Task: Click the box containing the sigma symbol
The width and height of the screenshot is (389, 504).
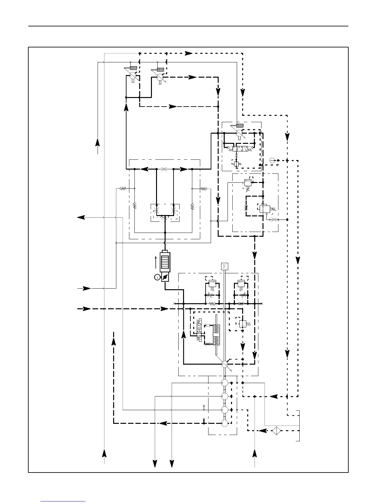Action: pyautogui.click(x=224, y=266)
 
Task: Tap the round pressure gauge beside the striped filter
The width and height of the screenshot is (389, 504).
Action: pyautogui.click(x=157, y=277)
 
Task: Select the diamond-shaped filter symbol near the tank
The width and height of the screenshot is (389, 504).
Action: pyautogui.click(x=277, y=431)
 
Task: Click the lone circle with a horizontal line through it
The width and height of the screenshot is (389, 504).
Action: pyautogui.click(x=272, y=160)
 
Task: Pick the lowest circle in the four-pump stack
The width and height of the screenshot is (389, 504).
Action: pyautogui.click(x=225, y=423)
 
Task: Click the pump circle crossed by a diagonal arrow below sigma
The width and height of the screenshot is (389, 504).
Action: pyautogui.click(x=225, y=364)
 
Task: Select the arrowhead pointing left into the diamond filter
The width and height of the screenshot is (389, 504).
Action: pyautogui.click(x=263, y=431)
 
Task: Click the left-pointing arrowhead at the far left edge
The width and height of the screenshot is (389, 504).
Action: pyautogui.click(x=81, y=217)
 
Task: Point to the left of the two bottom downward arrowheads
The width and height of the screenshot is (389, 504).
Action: pyautogui.click(x=155, y=464)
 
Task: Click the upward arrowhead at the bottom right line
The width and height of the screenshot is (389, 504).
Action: pyautogui.click(x=255, y=453)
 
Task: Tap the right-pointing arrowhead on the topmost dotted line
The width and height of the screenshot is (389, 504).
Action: pyautogui.click(x=189, y=53)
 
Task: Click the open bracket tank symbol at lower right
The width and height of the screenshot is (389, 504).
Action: pyautogui.click(x=298, y=426)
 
